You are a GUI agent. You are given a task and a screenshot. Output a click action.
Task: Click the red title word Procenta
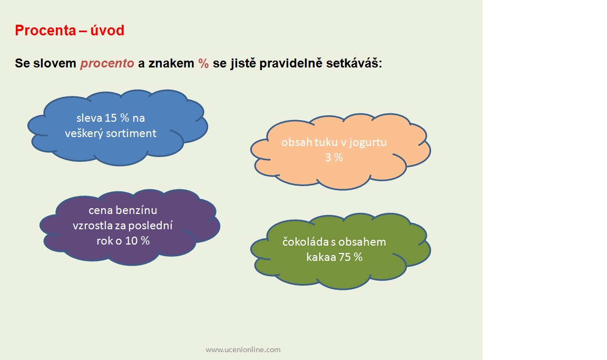click(45, 30)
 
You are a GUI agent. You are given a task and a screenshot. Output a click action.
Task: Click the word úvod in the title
click(107, 30)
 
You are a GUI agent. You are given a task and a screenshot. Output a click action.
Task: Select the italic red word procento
click(107, 63)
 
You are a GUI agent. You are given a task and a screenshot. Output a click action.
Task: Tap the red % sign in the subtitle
click(203, 63)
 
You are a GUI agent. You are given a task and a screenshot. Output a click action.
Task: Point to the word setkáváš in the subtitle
click(354, 63)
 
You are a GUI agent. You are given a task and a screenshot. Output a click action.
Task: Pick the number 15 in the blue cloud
click(111, 118)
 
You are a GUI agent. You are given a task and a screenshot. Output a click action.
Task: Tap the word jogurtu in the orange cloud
click(368, 143)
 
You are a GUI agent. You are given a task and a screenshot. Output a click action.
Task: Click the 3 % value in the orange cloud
click(334, 158)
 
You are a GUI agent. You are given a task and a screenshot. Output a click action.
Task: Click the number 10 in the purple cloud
click(131, 241)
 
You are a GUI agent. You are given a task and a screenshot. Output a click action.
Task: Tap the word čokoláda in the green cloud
click(306, 242)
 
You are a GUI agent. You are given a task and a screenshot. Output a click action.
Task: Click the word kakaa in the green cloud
click(320, 257)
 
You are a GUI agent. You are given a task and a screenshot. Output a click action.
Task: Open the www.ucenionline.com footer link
click(243, 349)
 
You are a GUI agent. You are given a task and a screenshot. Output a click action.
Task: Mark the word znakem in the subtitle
click(171, 63)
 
